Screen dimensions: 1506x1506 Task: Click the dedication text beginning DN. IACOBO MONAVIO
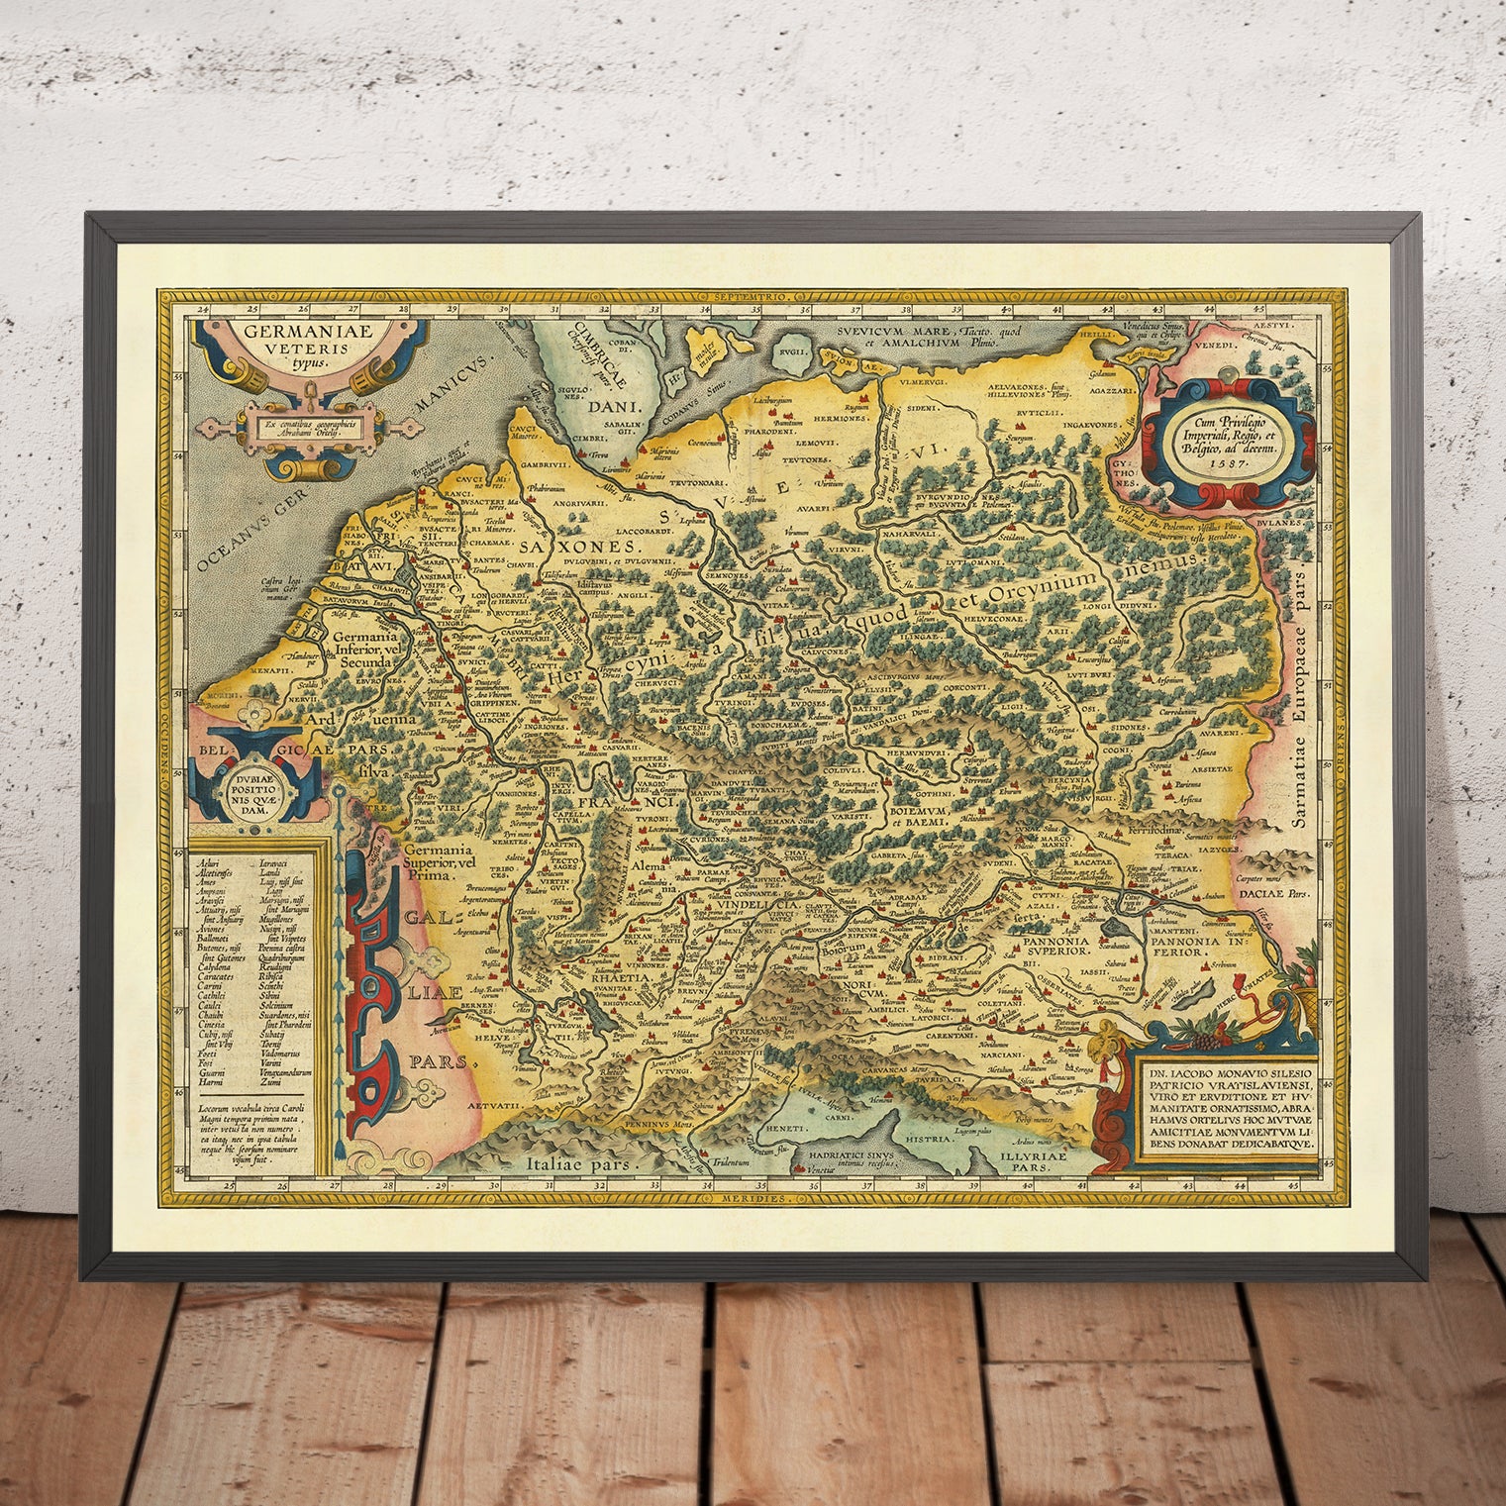click(1227, 1105)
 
